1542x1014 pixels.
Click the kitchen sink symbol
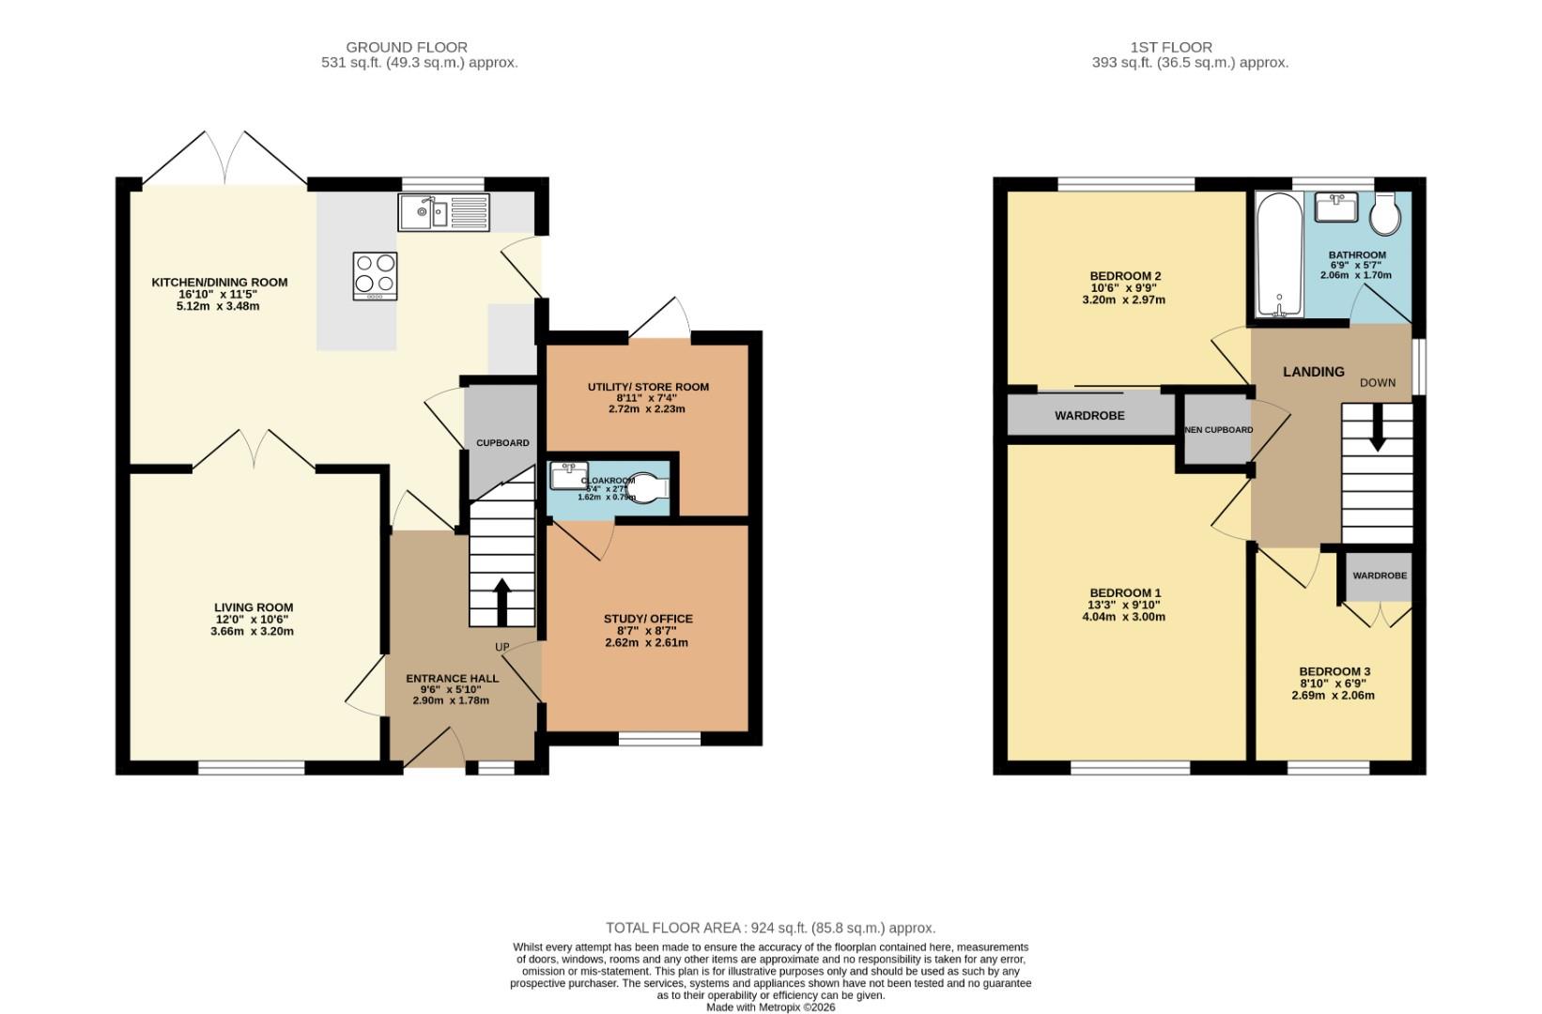tap(443, 213)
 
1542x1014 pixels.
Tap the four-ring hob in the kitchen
tap(375, 275)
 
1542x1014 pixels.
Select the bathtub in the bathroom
tap(1279, 255)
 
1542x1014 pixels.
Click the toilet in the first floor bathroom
tap(1385, 215)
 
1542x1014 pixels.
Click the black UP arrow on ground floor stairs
tap(501, 602)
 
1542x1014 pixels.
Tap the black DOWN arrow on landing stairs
tap(1377, 435)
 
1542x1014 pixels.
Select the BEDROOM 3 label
tap(1334, 671)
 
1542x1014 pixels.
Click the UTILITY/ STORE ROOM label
tap(648, 387)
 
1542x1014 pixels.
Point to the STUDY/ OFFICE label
tap(648, 619)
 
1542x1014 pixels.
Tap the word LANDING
tap(1314, 372)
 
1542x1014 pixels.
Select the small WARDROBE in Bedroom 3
tap(1380, 575)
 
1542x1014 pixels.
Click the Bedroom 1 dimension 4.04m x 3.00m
tap(1125, 617)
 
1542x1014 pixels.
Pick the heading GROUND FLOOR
tap(407, 47)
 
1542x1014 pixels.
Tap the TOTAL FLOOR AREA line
tap(770, 928)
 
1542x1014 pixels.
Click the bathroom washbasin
tap(1335, 207)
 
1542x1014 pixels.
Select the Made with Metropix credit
tap(770, 1007)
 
